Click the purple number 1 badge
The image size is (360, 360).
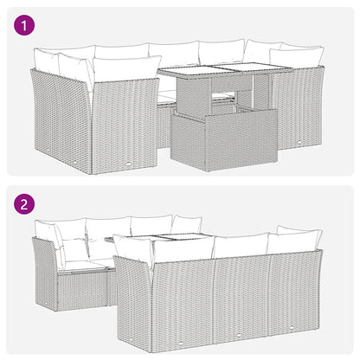tap(26, 26)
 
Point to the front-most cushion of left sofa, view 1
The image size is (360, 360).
tap(125, 69)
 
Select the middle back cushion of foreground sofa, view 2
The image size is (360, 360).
tap(240, 245)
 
